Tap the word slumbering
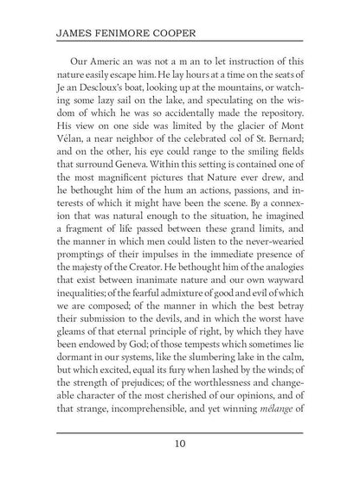[207, 361]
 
